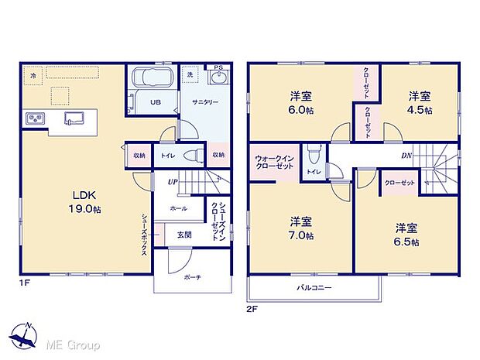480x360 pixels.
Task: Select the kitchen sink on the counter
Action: click(x=75, y=118)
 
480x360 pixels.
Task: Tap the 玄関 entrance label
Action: click(x=184, y=234)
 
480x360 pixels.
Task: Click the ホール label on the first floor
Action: click(x=179, y=209)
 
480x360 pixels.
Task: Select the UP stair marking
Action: click(x=173, y=182)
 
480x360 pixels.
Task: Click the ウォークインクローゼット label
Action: click(x=273, y=164)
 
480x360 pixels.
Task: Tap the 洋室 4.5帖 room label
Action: click(x=419, y=101)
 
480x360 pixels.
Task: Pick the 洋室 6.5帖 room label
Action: click(x=406, y=235)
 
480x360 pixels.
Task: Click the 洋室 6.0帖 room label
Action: click(x=302, y=103)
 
